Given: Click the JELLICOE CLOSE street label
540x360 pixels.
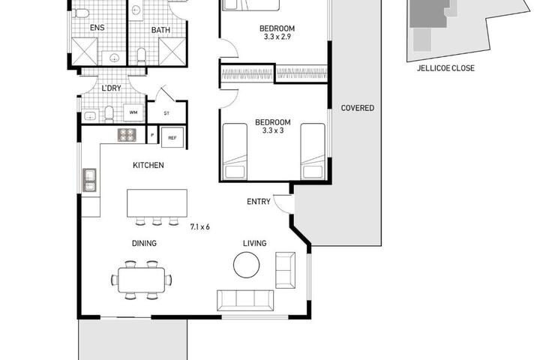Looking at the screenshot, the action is pos(445,67).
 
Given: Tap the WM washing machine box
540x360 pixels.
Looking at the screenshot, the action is pos(133,112).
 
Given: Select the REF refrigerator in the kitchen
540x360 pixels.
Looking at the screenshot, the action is pos(172,137).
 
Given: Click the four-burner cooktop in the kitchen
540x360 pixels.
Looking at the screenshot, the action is pos(127,135).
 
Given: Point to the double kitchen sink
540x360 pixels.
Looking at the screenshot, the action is pos(89,180).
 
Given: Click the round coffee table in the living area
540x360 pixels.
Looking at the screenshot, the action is pos(246,265).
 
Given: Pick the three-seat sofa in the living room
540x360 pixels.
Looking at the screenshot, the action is pos(245,301).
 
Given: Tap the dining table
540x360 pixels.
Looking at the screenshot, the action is pos(142,280).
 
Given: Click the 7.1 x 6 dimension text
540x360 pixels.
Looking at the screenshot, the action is pos(199,226).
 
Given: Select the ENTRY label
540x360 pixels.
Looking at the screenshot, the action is pos(258,202).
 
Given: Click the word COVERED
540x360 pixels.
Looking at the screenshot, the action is pos(358,108).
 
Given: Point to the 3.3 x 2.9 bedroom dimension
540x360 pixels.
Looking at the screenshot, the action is pos(277,37).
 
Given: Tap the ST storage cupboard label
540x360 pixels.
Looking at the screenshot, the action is pos(166,113).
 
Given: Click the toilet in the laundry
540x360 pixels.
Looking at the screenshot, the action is pos(109,114).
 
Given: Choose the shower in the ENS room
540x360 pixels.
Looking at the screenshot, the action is pos(84,52).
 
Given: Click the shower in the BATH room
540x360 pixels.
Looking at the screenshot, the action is pos(172,52).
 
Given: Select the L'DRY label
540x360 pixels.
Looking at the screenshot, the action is pos(112,88).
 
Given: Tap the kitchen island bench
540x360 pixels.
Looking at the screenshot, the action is pos(157,203).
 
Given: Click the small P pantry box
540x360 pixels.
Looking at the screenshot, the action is pos(152,135).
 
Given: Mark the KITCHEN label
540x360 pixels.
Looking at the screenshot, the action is pos(148,165).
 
